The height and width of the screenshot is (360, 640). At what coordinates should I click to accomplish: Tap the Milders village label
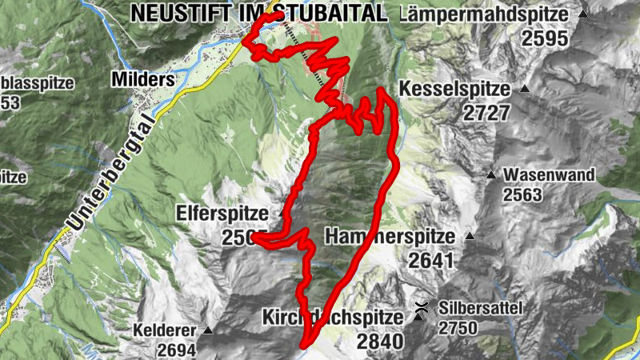pyautogui.click(x=144, y=80)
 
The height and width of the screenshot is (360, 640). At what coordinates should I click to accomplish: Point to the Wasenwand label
pyautogui.click(x=549, y=175)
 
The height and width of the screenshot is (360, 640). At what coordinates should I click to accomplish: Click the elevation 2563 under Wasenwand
pyautogui.click(x=522, y=194)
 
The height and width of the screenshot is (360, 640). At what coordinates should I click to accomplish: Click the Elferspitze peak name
pyautogui.click(x=227, y=214)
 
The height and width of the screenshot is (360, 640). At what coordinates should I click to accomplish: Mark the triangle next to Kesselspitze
pyautogui.click(x=525, y=88)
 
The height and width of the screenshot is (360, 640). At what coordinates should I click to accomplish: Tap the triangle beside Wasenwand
pyautogui.click(x=491, y=175)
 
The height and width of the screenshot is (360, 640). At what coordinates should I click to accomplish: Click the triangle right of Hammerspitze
pyautogui.click(x=470, y=237)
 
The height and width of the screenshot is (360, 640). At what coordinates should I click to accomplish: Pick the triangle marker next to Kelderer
pyautogui.click(x=208, y=330)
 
